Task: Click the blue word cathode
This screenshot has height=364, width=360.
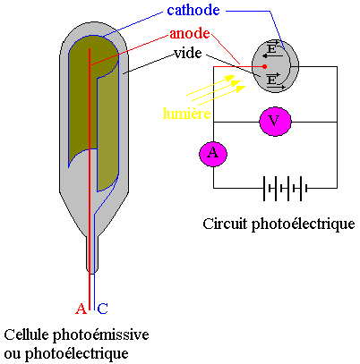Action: point(193,10)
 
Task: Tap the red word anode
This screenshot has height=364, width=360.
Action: point(190,33)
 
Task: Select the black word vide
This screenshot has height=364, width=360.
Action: point(188,53)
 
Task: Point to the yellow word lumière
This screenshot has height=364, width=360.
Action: point(186,114)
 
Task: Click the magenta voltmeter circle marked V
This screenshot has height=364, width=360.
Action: point(275,122)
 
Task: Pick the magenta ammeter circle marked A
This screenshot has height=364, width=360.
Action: point(213,154)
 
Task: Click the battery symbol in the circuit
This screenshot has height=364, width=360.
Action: point(286,189)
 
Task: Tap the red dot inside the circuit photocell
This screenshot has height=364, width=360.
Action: point(264,66)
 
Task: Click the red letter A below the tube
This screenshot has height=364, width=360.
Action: point(81,309)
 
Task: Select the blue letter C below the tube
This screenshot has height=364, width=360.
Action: point(102,309)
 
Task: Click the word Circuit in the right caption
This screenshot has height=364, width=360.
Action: point(226,224)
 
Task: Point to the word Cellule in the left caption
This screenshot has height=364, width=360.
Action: point(26,334)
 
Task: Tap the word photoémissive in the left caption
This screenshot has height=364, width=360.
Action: point(101,335)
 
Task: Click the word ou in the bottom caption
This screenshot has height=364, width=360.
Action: point(13,354)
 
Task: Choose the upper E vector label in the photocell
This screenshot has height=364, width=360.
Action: point(272,47)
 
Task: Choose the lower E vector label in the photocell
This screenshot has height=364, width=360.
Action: point(271,79)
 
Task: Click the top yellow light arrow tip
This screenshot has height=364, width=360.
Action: point(235,78)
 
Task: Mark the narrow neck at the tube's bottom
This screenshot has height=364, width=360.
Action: point(92,255)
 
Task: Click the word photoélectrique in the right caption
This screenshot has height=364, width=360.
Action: point(304,224)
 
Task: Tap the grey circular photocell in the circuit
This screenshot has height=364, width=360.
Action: point(275,66)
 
